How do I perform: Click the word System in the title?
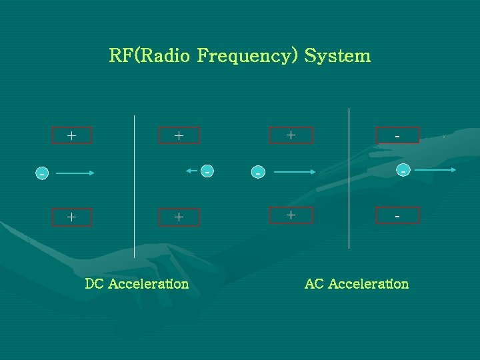pos(337,55)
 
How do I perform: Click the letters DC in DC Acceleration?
pos(94,284)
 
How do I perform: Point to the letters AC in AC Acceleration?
pos(313,284)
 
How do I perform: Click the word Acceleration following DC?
pos(148,284)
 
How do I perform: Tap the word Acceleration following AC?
pos(368,284)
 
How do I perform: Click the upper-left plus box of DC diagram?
pos(71,136)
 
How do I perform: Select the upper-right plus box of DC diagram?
pos(179,136)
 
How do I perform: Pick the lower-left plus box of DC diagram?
pos(71,217)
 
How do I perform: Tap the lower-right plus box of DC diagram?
pos(179,217)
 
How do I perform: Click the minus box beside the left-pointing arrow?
pos(208,171)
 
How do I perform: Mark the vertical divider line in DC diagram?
pos(135,187)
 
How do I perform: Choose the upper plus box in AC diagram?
pos(291,135)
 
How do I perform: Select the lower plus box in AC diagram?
pos(291,215)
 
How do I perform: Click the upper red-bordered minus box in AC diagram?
pos(397,135)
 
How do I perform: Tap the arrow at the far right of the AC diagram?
pos(440,170)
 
